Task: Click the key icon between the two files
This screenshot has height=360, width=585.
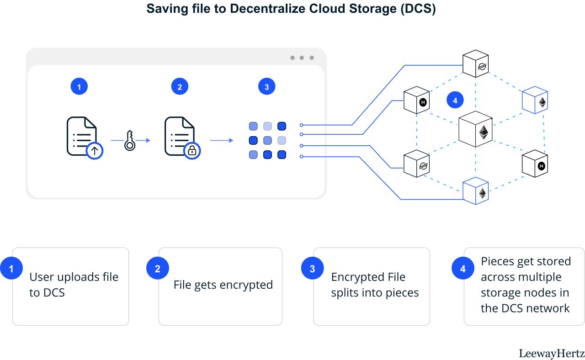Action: coord(130,140)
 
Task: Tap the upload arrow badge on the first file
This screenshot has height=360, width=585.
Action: coord(95,151)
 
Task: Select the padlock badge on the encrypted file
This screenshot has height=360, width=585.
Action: coord(192,151)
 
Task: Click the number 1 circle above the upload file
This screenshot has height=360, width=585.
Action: coord(79,86)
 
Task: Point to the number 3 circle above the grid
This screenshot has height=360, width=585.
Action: coord(266,86)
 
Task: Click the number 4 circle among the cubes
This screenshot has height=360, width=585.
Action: coord(455,100)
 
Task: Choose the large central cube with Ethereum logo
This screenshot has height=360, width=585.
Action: coord(476,129)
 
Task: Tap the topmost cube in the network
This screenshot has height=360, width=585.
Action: coord(476,64)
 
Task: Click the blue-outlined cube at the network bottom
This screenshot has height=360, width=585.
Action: coord(476,191)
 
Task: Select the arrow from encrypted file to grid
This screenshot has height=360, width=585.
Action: coord(222,140)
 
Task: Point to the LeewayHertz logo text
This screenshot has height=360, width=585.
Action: coord(552,354)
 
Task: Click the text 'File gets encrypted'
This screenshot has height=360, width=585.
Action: coord(223,285)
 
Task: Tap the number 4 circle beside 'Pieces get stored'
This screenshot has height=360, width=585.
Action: coord(463,268)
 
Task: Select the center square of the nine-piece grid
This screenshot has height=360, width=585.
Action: coord(267,140)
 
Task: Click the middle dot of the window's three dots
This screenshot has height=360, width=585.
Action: coord(302,58)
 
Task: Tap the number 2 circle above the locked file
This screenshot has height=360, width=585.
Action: coord(180,86)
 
